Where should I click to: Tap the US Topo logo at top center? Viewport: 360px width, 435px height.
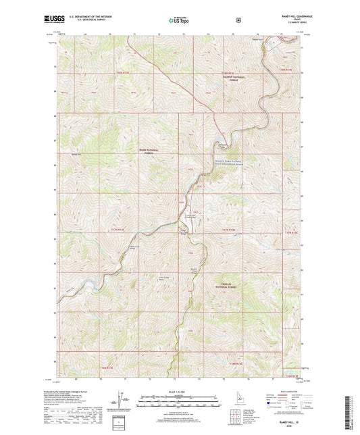[x=179, y=21]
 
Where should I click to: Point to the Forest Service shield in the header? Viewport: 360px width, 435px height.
[x=238, y=21]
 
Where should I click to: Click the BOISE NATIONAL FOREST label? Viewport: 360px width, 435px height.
[x=147, y=152]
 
